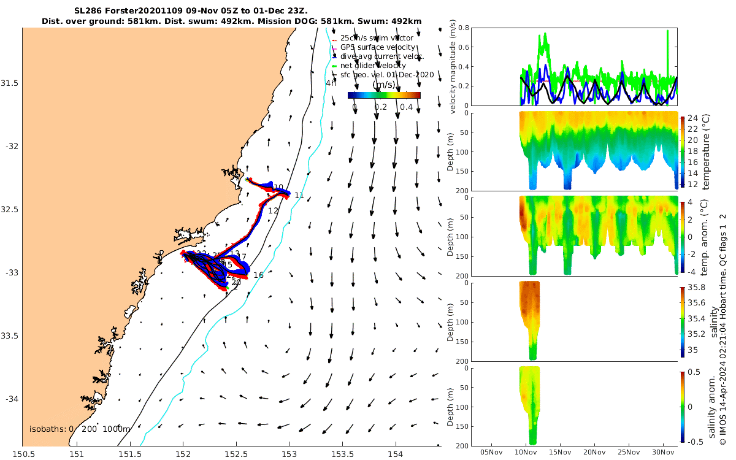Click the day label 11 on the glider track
click(x=299, y=196)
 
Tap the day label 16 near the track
click(x=258, y=275)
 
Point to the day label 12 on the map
click(x=273, y=211)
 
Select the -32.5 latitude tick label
click(x=11, y=210)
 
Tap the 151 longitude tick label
click(x=77, y=454)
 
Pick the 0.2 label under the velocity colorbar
click(x=380, y=107)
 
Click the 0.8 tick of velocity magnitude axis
click(x=464, y=28)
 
